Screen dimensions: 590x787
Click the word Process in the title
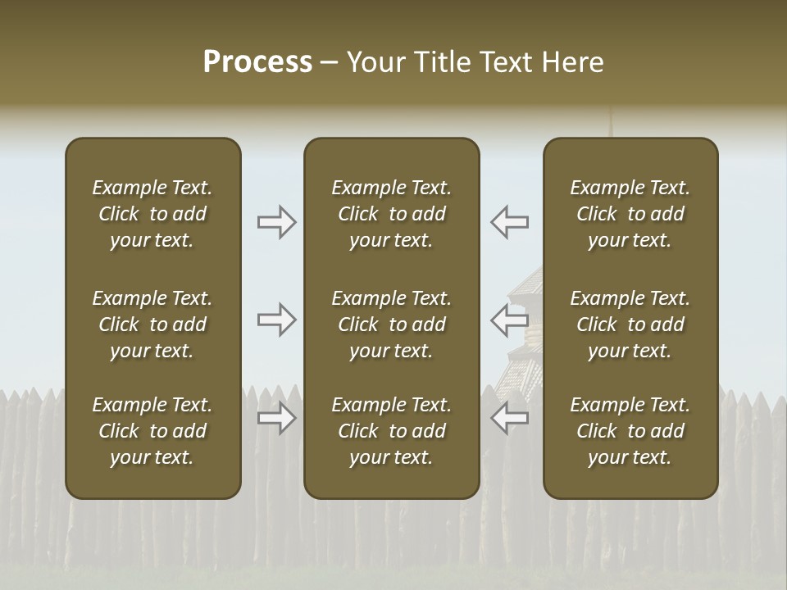257,62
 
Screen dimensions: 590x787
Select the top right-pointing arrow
277,222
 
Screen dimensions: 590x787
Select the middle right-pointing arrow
277,320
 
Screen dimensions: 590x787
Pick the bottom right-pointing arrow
277,418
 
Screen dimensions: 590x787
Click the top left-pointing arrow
510,222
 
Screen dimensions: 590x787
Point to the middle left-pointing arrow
510,320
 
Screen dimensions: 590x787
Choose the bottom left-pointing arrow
510,418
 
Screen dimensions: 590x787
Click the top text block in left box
152,214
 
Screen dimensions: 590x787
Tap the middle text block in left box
152,324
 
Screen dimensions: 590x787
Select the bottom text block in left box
152,431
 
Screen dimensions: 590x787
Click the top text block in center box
391,214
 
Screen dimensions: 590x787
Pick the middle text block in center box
391,324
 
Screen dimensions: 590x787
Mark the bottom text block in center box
391,431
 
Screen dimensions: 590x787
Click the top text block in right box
630,214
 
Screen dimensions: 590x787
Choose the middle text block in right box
630,324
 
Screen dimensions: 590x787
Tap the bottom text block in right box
630,431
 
